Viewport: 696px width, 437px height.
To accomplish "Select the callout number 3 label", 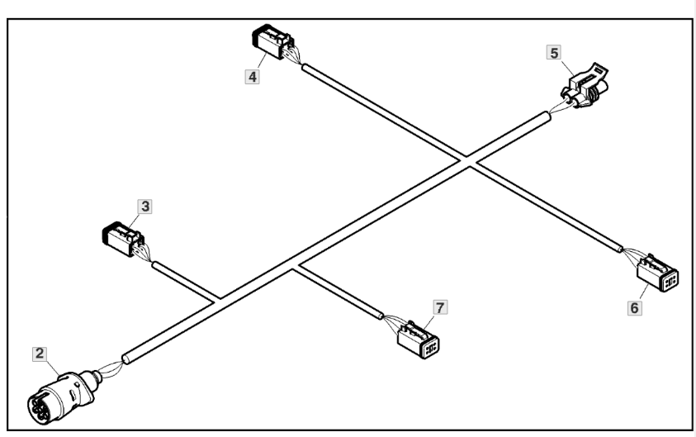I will (144, 207).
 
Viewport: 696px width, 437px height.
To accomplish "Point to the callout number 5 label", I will (554, 53).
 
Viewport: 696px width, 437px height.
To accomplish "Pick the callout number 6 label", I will (634, 306).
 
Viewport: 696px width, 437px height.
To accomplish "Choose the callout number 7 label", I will (440, 307).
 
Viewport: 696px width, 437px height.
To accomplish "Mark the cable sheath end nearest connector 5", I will (546, 117).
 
